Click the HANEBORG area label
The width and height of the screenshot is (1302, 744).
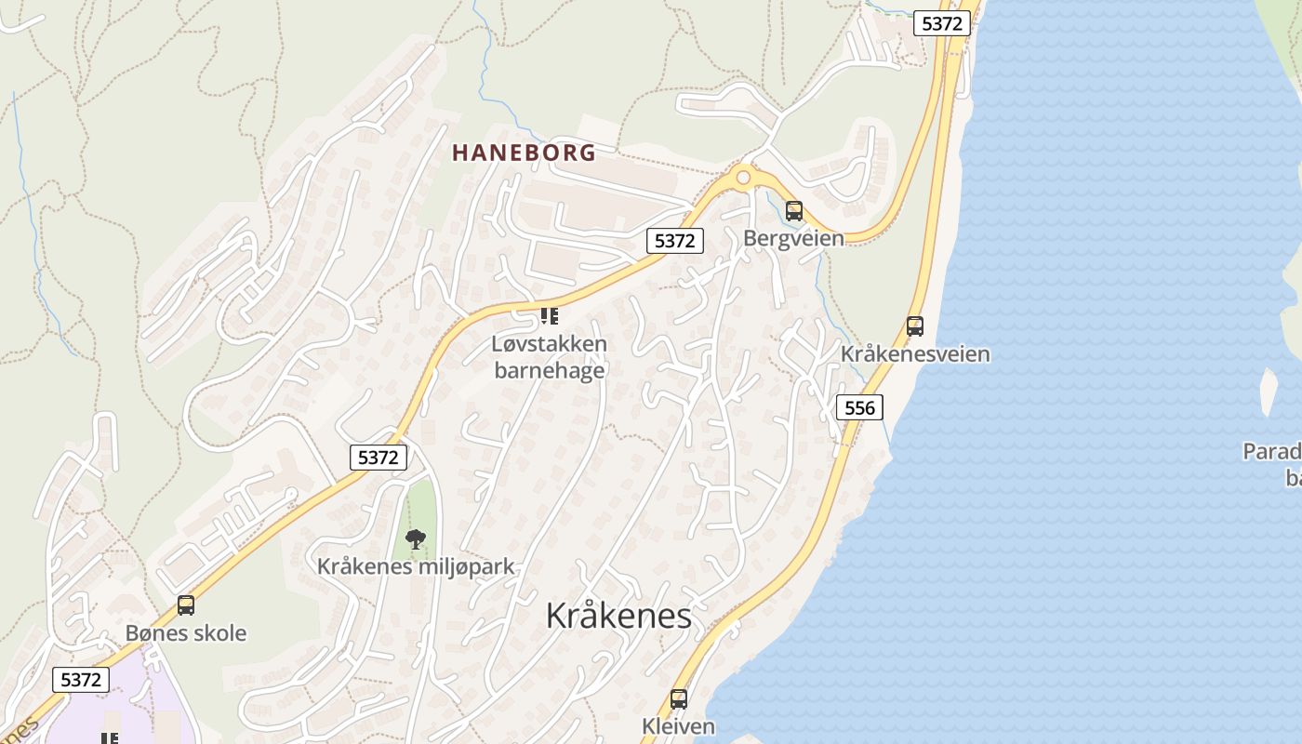[524, 153]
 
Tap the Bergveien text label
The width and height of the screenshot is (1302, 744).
[793, 238]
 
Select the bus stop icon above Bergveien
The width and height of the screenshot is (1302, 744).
[793, 211]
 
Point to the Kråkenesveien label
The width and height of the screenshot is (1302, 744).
[915, 354]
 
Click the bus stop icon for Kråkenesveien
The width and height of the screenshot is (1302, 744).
[915, 326]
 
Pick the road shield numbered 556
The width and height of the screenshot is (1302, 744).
[859, 407]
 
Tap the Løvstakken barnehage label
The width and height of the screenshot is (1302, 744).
[549, 357]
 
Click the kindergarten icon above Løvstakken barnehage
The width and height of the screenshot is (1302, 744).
[550, 316]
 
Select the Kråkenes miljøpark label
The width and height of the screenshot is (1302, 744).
[416, 566]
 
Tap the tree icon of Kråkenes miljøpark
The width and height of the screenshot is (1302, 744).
[416, 538]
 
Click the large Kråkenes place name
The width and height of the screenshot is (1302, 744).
[618, 616]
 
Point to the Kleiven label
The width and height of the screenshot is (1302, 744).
[679, 726]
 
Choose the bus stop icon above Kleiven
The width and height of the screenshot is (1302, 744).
[679, 699]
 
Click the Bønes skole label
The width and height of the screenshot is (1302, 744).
[186, 633]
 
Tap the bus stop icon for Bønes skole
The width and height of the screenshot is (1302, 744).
[186, 605]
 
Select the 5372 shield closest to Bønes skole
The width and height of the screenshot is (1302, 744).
[80, 680]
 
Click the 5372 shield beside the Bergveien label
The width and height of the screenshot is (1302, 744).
[674, 241]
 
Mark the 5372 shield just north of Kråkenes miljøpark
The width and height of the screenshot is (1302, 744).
[379, 458]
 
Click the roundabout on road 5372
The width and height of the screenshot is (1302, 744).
[742, 177]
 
